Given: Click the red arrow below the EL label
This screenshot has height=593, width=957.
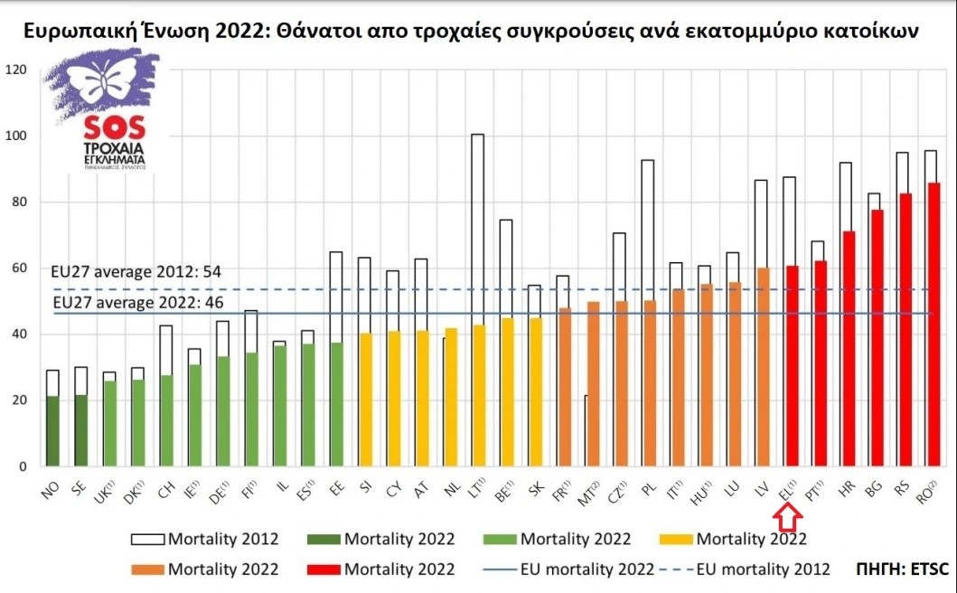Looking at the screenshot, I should coord(787,520).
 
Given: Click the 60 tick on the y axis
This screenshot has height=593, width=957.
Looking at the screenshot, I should coord(18,268).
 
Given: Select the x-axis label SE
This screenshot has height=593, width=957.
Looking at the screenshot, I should coord(80,488).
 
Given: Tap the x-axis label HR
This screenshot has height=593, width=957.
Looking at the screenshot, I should coord(848,488).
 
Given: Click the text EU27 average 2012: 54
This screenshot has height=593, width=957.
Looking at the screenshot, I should coord(137,271).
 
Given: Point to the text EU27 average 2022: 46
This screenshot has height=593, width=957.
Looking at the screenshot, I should coord(137,302).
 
